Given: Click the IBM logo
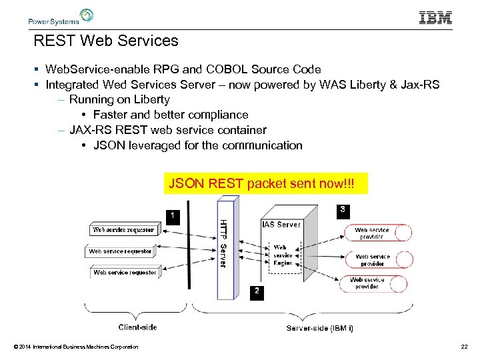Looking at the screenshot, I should [x=435, y=18].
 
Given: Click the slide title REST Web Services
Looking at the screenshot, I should [x=106, y=41].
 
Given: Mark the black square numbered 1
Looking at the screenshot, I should [x=172, y=215].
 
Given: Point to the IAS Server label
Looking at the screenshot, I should [x=281, y=225].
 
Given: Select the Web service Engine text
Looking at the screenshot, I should [x=283, y=255].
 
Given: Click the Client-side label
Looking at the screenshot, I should [x=138, y=327].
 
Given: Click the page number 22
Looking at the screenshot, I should [x=464, y=346].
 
